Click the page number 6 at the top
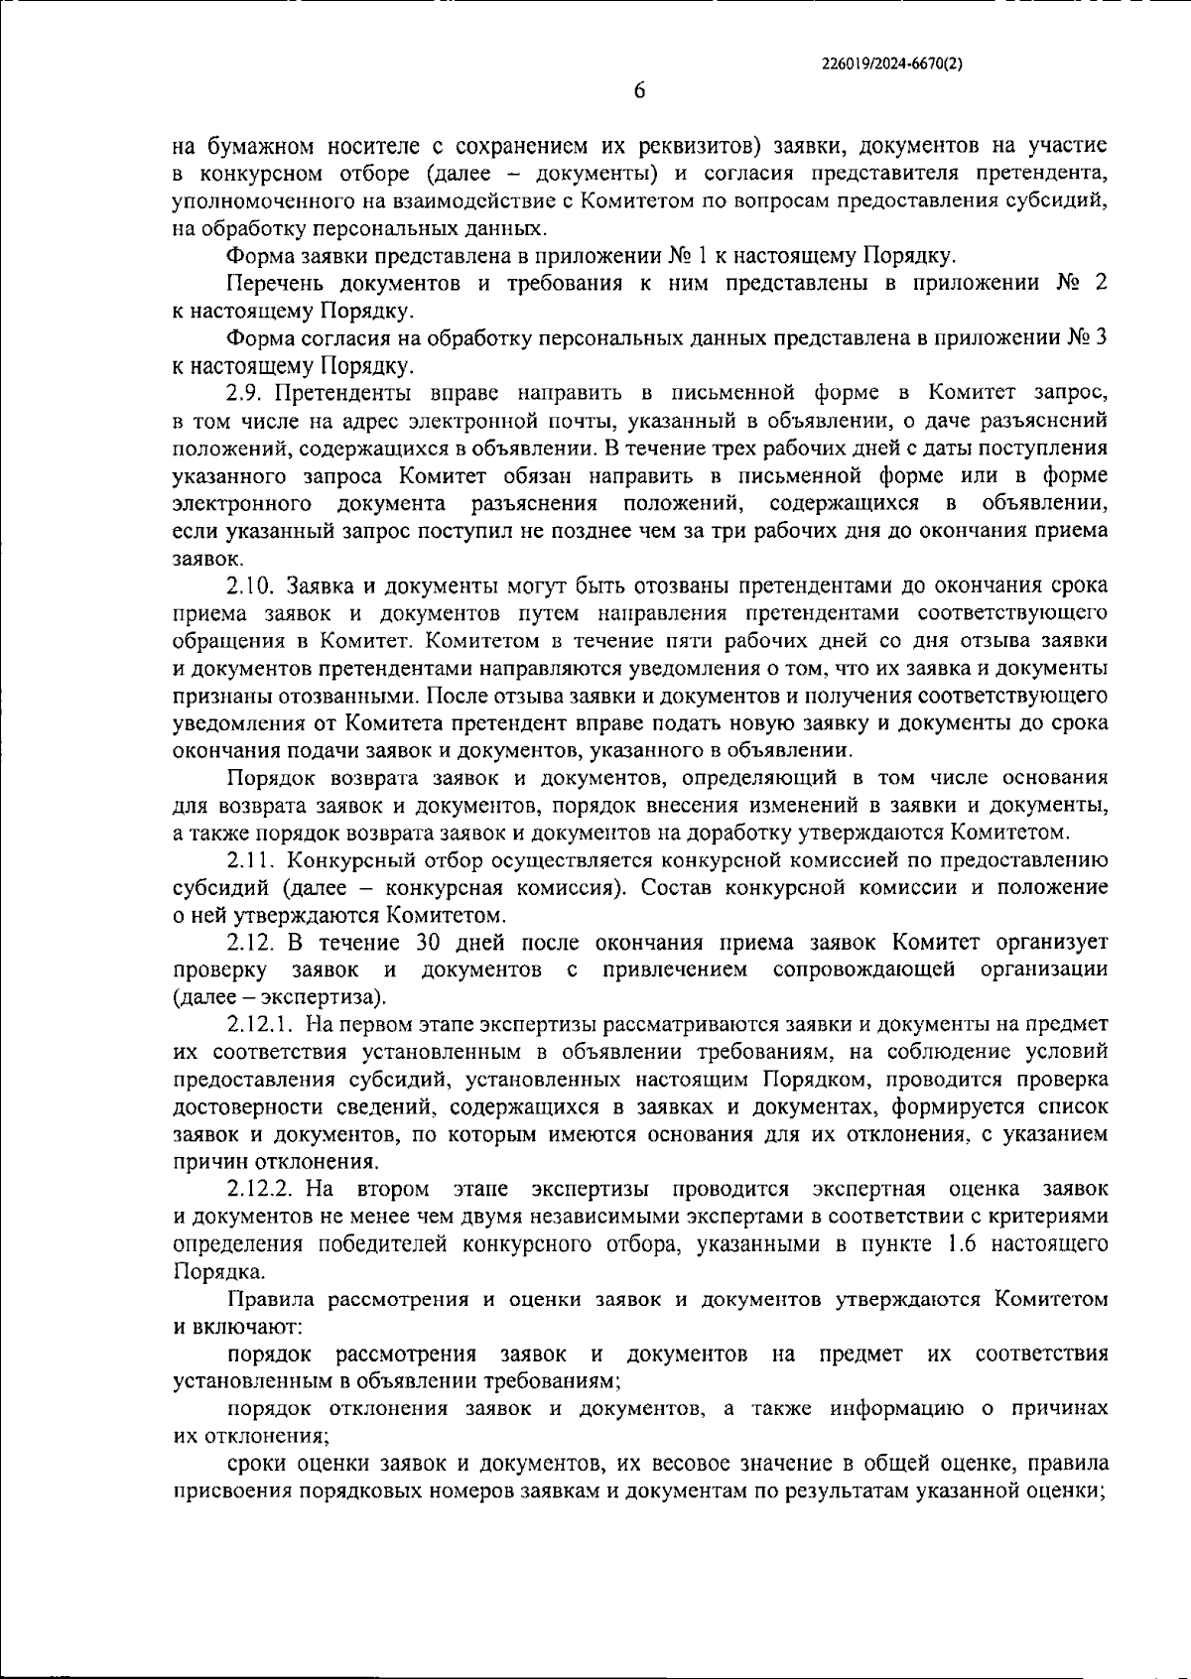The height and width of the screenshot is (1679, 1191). point(639,90)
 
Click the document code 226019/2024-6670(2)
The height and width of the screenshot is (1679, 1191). point(893,63)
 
